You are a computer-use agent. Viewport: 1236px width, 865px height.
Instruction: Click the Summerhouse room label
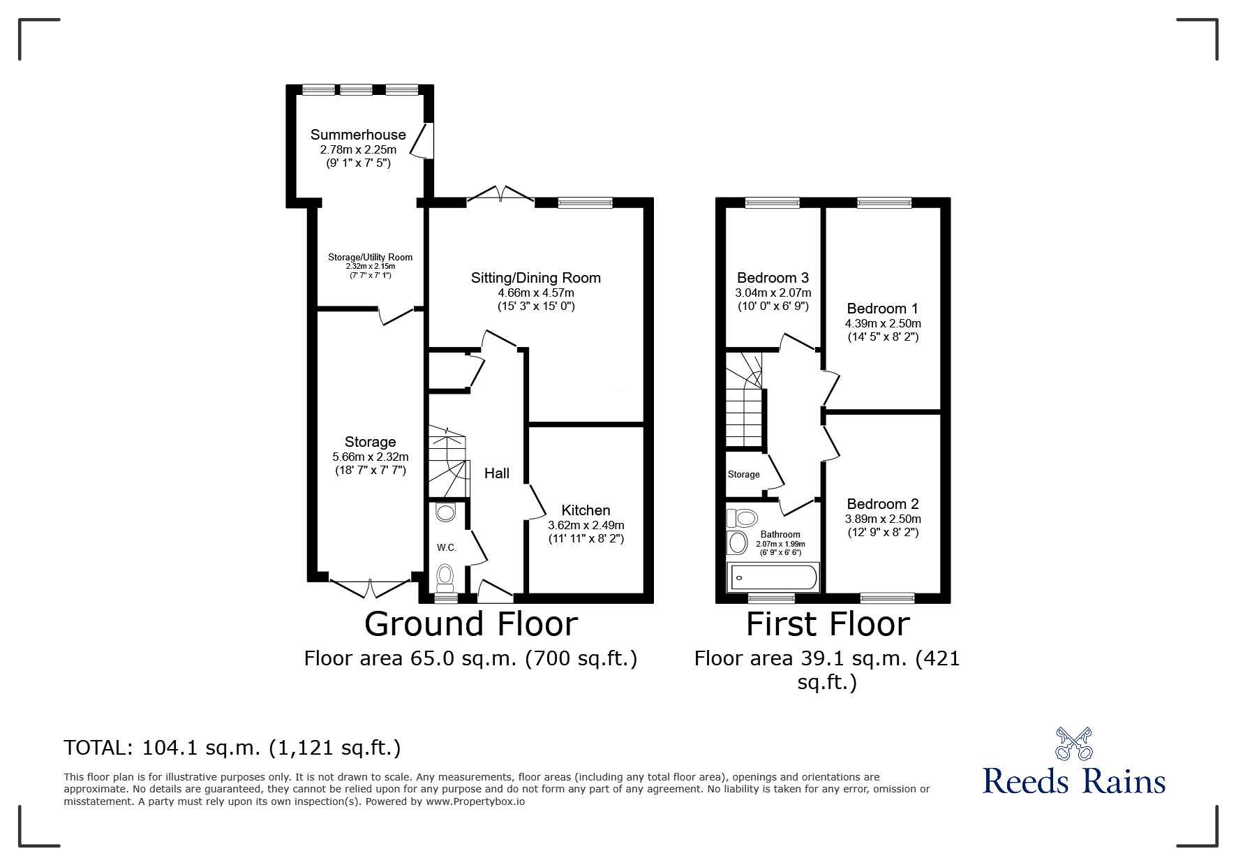[x=358, y=135]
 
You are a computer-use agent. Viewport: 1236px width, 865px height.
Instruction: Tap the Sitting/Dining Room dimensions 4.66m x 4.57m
[x=536, y=293]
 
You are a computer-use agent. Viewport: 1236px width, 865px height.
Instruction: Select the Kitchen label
[x=586, y=510]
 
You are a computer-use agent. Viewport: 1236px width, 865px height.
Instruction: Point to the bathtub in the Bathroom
[x=773, y=578]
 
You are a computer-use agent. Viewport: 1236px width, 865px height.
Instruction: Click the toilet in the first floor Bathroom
[x=743, y=518]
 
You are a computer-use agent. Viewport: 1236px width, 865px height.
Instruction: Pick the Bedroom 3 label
[x=773, y=278]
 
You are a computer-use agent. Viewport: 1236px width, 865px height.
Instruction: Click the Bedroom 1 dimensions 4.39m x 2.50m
[x=882, y=323]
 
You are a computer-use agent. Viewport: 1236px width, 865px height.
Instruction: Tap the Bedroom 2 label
[x=882, y=504]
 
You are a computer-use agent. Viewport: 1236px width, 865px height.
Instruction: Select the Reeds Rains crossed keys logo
[x=1073, y=744]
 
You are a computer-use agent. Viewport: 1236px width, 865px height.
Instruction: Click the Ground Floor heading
[x=471, y=624]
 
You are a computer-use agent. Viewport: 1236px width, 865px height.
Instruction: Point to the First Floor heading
[x=828, y=624]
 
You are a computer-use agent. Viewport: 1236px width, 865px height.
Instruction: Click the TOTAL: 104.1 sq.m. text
[x=232, y=748]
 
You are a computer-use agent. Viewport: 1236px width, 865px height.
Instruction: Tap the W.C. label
[x=447, y=547]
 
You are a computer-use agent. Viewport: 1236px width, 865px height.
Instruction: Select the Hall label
[x=496, y=473]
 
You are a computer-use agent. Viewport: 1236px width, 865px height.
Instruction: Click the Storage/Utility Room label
[x=370, y=258]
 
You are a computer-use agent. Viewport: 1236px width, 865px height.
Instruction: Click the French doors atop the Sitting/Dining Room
[x=500, y=194]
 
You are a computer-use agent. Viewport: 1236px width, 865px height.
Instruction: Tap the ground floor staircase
[x=447, y=461]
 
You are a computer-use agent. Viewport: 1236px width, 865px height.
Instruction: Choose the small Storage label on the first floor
[x=743, y=475]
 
